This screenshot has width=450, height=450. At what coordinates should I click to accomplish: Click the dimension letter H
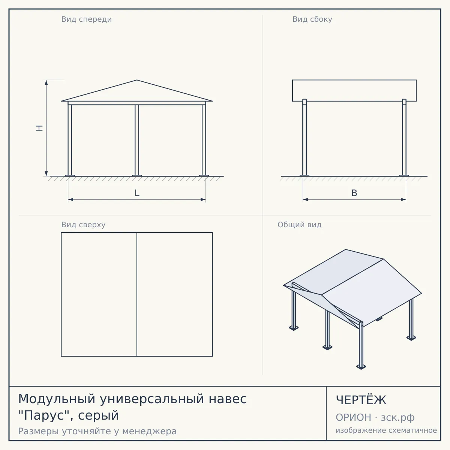[x=39, y=128]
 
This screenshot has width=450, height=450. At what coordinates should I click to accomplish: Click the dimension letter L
[x=137, y=193]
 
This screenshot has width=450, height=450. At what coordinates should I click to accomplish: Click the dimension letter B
[x=354, y=193]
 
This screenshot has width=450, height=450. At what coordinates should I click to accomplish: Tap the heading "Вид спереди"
[x=86, y=19]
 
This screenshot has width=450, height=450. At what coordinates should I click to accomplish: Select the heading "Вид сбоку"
[x=312, y=19]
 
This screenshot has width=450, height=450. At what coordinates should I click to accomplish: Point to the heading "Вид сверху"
[x=83, y=225]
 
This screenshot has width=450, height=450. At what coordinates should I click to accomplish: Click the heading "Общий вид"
[x=299, y=225]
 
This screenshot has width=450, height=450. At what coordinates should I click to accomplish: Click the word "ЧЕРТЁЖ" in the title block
[x=361, y=400]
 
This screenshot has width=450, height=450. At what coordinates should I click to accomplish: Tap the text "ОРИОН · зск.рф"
[x=375, y=417]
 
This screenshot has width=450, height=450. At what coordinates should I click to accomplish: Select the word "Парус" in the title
[x=45, y=415]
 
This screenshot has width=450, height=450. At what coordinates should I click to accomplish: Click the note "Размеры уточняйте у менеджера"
[x=97, y=431]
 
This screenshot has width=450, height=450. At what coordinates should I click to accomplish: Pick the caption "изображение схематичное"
[x=386, y=430]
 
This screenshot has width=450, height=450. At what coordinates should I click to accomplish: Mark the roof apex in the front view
[x=137, y=80]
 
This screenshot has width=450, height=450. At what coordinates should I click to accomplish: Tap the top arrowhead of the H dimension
[x=46, y=82]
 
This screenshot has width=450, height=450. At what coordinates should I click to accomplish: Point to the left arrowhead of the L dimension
[x=70, y=199]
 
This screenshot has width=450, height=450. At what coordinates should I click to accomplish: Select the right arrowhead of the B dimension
[x=403, y=199]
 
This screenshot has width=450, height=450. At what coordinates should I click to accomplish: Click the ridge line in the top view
[x=137, y=294]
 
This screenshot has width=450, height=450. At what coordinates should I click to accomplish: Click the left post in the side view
[x=304, y=137]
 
